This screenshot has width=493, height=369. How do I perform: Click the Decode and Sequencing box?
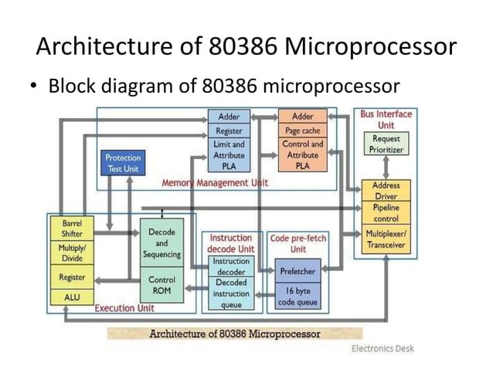tap(161, 242)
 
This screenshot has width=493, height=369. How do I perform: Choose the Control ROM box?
tap(161, 285)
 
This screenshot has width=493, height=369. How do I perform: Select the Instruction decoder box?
tap(231, 266)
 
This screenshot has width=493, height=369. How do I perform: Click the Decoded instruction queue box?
tap(231, 293)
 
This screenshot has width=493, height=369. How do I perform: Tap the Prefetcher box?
tap(297, 269)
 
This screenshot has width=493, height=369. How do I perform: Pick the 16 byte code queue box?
tap(297, 296)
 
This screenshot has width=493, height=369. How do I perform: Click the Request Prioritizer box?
tap(386, 143)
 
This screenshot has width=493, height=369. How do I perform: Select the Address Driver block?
tap(386, 191)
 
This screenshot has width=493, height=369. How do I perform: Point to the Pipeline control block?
tap(386, 213)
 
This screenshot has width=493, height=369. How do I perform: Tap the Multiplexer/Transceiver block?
tap(386, 239)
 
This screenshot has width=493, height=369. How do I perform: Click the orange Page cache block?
tap(302, 131)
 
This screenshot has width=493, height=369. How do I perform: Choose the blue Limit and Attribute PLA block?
tap(229, 155)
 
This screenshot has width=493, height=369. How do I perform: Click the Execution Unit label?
tap(124, 308)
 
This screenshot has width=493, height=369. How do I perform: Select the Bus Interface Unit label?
tap(386, 119)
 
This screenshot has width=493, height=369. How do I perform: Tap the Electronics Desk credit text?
tap(382, 348)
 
